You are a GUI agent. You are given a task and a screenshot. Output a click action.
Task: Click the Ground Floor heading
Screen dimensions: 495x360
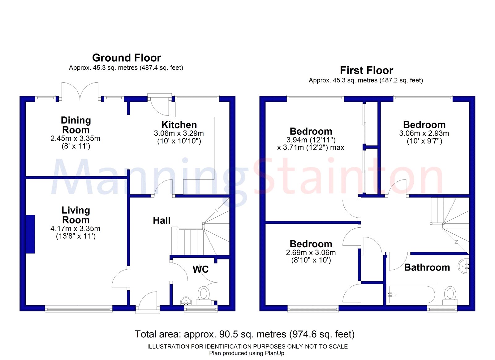click(127, 58)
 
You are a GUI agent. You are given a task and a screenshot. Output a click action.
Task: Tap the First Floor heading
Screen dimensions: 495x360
click(366, 71)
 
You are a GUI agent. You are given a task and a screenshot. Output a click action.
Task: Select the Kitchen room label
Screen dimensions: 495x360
click(179, 125)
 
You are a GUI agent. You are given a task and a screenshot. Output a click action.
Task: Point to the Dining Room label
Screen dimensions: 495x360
click(76, 125)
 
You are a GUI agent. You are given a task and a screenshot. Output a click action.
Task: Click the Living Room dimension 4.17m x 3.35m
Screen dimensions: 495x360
click(75, 229)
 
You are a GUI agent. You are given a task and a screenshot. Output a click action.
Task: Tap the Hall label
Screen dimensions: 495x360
click(161, 220)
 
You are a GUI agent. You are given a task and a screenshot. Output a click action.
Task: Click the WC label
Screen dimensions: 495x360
click(200, 269)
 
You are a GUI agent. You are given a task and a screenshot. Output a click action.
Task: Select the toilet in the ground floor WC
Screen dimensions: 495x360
click(204, 294)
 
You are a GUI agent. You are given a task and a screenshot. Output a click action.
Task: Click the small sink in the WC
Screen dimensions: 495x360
click(186, 301)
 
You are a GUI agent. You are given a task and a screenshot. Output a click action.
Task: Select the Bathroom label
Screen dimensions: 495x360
click(427, 267)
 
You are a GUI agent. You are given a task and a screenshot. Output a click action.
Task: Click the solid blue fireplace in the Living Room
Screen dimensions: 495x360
click(30, 234)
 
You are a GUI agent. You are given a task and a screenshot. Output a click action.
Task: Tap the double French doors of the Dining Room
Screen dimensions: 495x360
click(80, 92)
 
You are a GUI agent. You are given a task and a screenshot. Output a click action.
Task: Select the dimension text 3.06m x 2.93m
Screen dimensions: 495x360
click(424, 133)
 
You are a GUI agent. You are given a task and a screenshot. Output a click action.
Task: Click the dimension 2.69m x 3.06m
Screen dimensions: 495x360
click(311, 253)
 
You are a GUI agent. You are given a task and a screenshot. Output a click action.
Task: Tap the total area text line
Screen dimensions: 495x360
click(244, 334)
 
